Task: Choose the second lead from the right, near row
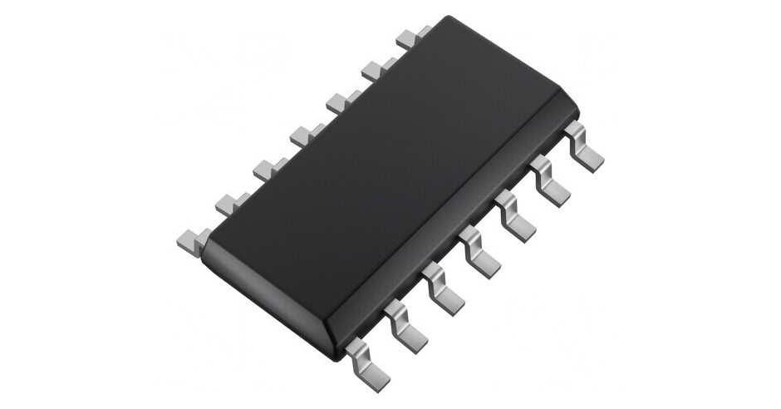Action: point(552,185)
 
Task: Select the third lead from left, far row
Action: point(265,168)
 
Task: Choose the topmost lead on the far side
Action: point(410,37)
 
